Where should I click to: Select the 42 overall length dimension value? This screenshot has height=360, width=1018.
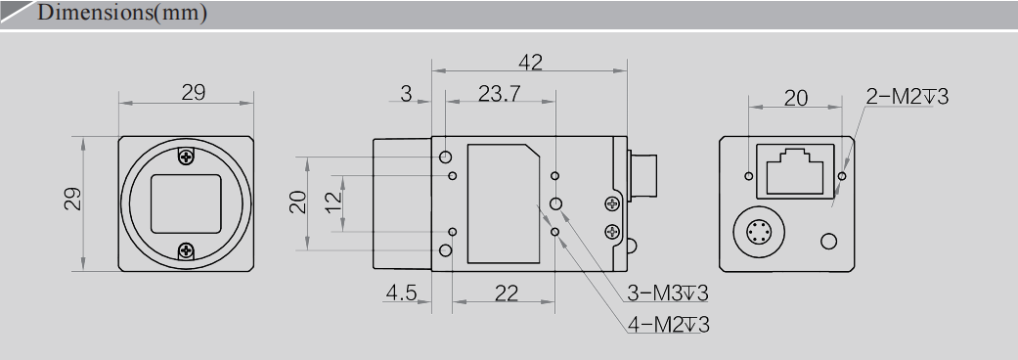click(x=531, y=62)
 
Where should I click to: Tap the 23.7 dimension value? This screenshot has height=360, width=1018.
click(x=500, y=94)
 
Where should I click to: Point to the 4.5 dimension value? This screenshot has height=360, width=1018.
click(x=401, y=292)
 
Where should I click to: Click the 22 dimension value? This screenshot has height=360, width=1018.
click(x=506, y=292)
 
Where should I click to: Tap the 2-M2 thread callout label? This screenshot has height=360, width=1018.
click(x=907, y=96)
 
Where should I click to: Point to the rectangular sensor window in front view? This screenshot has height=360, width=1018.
click(x=187, y=203)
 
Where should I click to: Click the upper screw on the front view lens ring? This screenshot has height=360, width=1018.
click(x=187, y=156)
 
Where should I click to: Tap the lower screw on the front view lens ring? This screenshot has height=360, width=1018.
click(x=187, y=251)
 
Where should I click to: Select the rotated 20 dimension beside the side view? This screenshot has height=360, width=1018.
click(x=298, y=202)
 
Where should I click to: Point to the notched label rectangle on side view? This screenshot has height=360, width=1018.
click(x=504, y=203)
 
